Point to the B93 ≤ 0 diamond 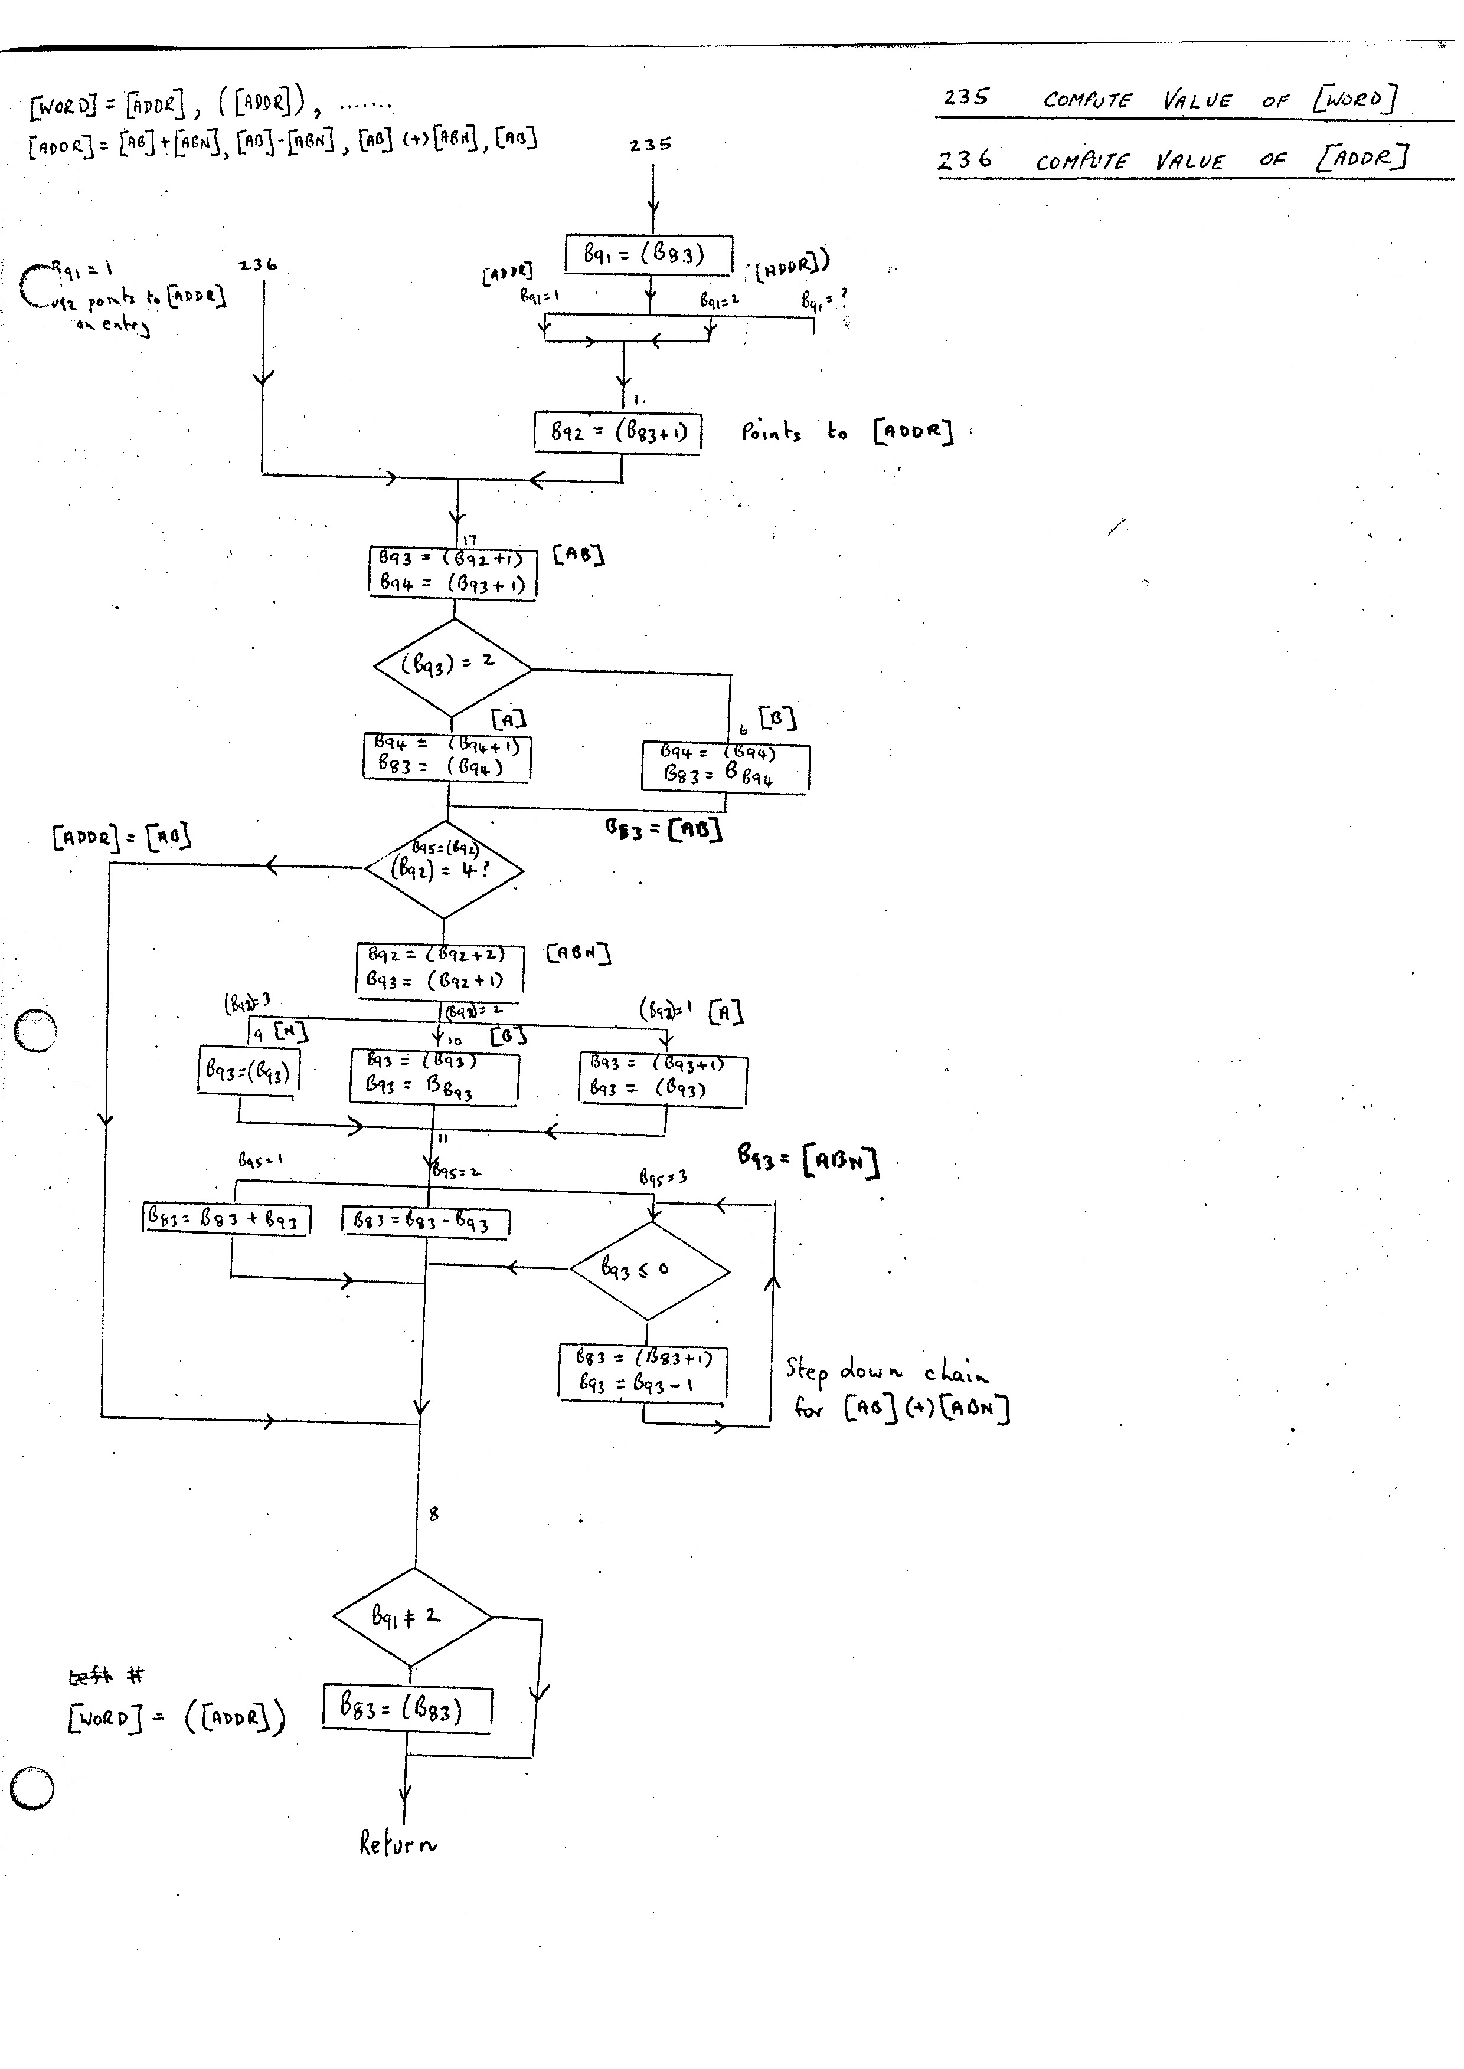[649, 1271]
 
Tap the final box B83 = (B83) [407, 1707]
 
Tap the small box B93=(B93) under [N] [248, 1071]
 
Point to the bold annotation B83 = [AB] [664, 827]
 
